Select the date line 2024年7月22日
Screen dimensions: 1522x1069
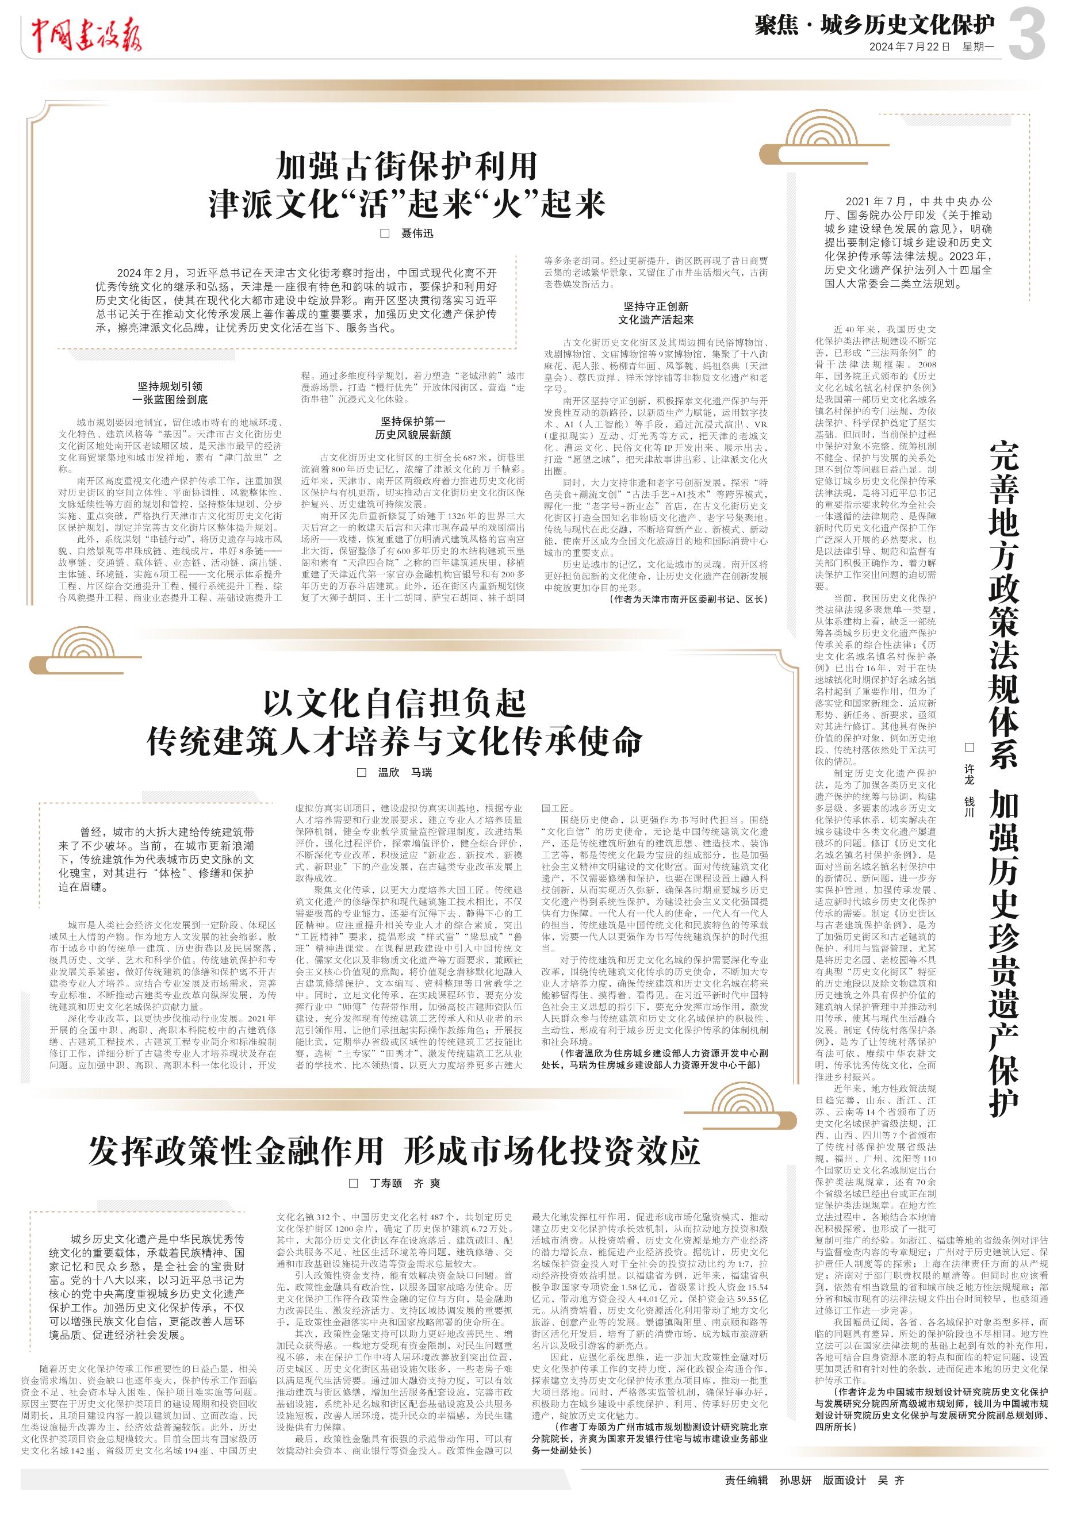(910, 47)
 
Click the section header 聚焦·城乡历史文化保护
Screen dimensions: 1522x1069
(875, 26)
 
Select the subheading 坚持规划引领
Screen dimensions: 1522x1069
(170, 386)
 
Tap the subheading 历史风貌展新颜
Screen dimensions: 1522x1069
(412, 435)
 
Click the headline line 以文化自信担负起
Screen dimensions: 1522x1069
(394, 703)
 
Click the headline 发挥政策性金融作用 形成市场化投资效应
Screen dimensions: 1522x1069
(394, 1150)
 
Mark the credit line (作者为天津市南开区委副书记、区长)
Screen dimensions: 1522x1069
(688, 599)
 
